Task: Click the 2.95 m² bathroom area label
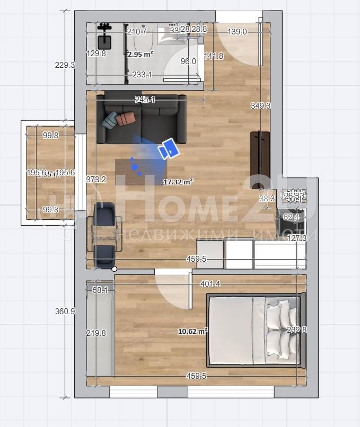pyautogui.click(x=140, y=54)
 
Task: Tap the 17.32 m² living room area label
pyautogui.click(x=178, y=181)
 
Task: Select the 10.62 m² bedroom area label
pyautogui.click(x=192, y=332)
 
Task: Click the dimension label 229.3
pyautogui.click(x=65, y=65)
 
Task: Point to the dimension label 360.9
pyautogui.click(x=65, y=312)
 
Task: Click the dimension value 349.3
pyautogui.click(x=260, y=106)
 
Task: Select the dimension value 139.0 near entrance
pyautogui.click(x=237, y=32)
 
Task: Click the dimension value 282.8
pyautogui.click(x=296, y=330)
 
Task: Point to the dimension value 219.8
pyautogui.click(x=96, y=333)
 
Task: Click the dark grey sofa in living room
pyautogui.click(x=142, y=119)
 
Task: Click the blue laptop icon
pyautogui.click(x=170, y=149)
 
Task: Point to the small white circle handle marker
pyautogui.click(x=114, y=269)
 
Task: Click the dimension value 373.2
pyautogui.click(x=96, y=180)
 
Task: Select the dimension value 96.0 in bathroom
pyautogui.click(x=188, y=61)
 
